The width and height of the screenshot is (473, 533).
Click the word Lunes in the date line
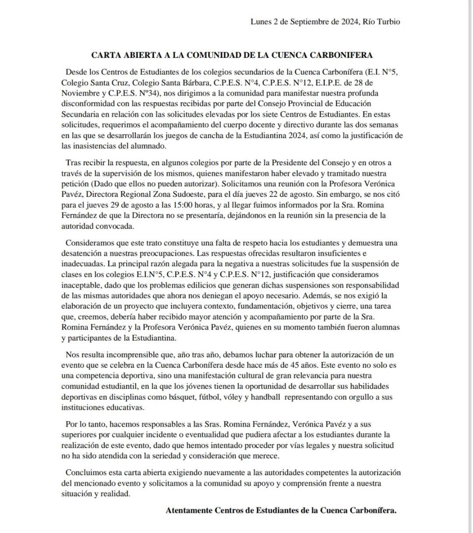pos(261,21)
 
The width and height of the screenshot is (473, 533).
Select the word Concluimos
pos(85,473)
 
